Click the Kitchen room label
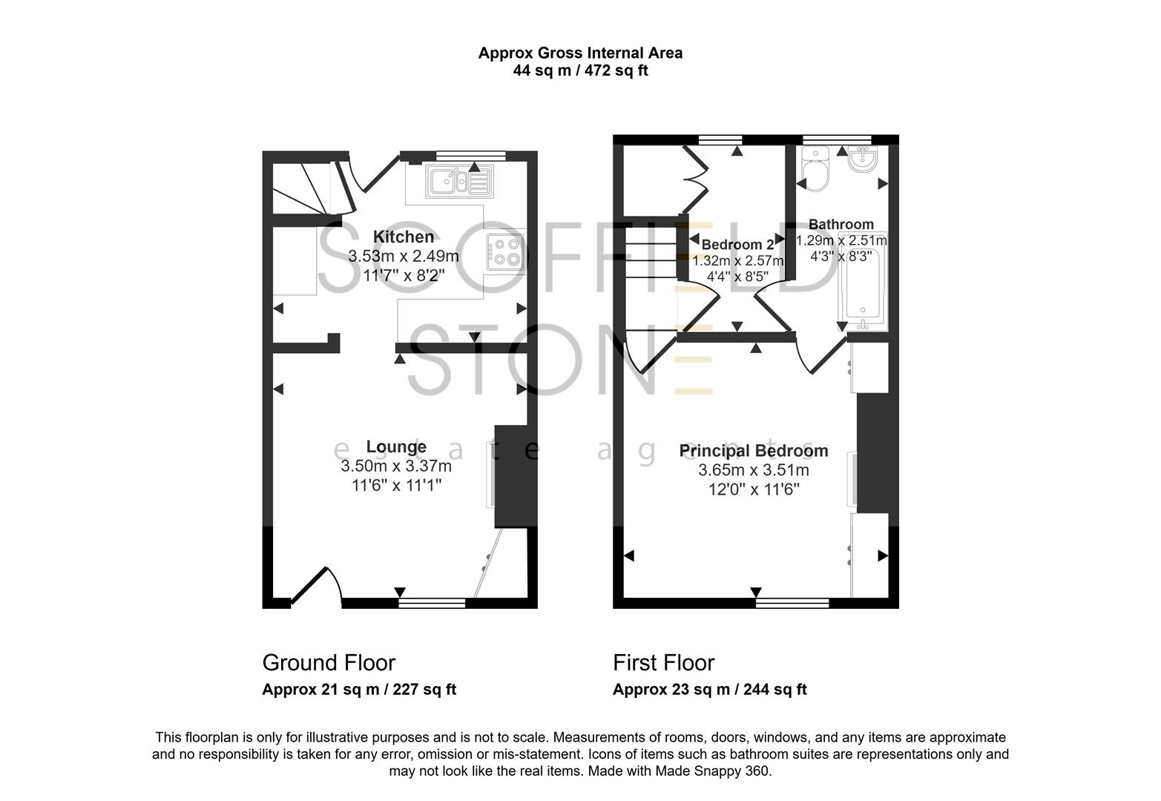tap(403, 237)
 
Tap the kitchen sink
tap(458, 181)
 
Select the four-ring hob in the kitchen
tap(506, 251)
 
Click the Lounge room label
tap(396, 446)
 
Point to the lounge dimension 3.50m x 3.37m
tap(396, 467)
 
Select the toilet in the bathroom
tap(815, 170)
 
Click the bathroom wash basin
tap(863, 159)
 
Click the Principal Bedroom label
tap(754, 451)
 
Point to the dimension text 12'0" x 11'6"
tap(754, 489)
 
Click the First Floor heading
tap(663, 662)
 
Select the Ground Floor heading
tap(329, 662)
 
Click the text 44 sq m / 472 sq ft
tap(580, 71)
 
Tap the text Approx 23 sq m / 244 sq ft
tap(709, 689)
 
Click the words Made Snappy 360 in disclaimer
tap(712, 771)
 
